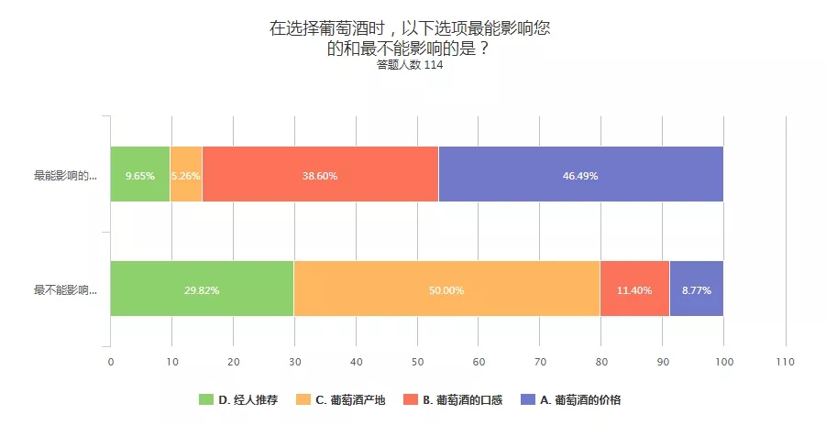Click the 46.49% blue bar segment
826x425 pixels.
point(580,174)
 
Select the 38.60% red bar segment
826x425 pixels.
point(320,174)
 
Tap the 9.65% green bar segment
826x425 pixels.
point(140,174)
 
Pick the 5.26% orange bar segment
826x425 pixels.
point(186,174)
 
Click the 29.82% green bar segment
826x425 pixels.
point(202,289)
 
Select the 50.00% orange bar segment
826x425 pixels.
point(446,289)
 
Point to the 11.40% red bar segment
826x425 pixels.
point(634,289)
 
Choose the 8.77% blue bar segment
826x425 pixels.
point(696,289)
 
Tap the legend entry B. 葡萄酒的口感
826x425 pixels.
point(461,399)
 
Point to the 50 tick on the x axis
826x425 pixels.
point(417,362)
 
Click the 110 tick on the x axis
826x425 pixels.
point(785,362)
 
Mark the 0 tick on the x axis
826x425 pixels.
point(111,362)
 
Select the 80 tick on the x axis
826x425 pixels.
point(601,362)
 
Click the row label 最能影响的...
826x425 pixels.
point(65,175)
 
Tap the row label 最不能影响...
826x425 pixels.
point(65,290)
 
